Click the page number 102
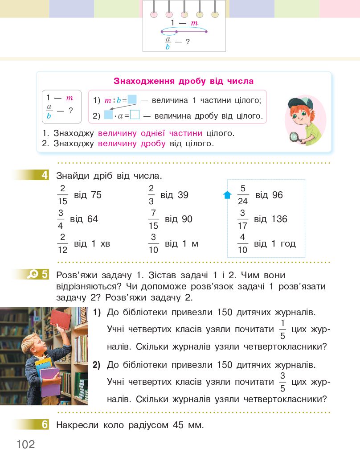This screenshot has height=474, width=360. [x=26, y=445]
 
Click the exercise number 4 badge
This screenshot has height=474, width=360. [x=45, y=175]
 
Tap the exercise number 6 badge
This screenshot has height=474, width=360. [x=45, y=425]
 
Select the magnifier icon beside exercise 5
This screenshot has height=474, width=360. [x=33, y=275]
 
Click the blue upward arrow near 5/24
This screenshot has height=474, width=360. [x=227, y=195]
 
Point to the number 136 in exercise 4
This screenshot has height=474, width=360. [x=279, y=219]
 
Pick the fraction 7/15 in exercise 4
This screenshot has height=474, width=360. [x=153, y=219]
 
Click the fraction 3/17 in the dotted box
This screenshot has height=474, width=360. [x=242, y=219]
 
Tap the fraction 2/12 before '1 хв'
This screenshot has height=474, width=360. [x=62, y=243]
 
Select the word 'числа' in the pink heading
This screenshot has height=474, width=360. [x=239, y=81]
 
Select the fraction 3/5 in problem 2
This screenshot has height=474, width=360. [x=282, y=382]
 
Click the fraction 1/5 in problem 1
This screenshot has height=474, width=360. [x=282, y=330]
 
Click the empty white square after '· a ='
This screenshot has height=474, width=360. [x=135, y=115]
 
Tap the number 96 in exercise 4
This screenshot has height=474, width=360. [x=277, y=195]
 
